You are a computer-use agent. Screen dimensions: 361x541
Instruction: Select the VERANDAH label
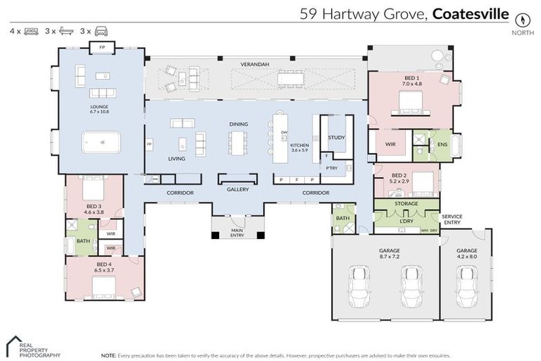tap(254, 65)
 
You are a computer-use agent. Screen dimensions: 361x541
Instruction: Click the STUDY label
tap(336, 137)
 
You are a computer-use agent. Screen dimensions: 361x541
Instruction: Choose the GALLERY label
tap(238, 190)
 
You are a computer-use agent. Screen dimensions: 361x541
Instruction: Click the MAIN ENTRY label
tap(237, 233)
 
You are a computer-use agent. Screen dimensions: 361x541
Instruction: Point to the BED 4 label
tap(104, 265)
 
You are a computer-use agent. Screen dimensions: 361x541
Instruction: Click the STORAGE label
tap(406, 204)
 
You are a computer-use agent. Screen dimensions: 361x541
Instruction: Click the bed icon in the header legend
tap(31, 31)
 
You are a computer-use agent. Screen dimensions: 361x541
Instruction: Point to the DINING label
tap(238, 124)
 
